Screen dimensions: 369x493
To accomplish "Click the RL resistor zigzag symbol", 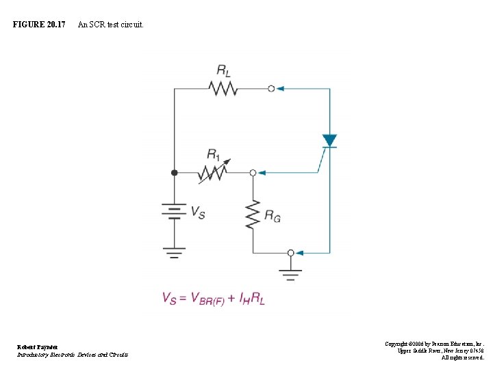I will pyautogui.click(x=223, y=89).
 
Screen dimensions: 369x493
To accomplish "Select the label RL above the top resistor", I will pyautogui.click(x=223, y=70).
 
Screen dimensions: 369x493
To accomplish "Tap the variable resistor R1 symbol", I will pyautogui.click(x=213, y=174).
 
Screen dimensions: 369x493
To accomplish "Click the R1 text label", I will pyautogui.click(x=214, y=154).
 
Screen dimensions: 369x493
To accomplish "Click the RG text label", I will pyautogui.click(x=273, y=217).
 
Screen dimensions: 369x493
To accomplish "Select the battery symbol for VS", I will pyautogui.click(x=174, y=212).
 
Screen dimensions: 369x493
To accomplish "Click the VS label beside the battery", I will pyautogui.click(x=197, y=213).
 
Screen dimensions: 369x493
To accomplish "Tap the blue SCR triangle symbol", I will pyautogui.click(x=329, y=141).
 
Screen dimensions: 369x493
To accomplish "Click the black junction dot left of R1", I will pyautogui.click(x=174, y=174).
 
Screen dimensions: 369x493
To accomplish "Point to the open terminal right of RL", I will pyautogui.click(x=271, y=89).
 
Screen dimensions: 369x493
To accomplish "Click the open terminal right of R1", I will pyautogui.click(x=253, y=174).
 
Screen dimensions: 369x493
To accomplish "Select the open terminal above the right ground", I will pyautogui.click(x=291, y=253).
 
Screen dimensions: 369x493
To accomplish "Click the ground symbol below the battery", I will pyautogui.click(x=174, y=255).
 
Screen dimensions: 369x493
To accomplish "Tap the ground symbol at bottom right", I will pyautogui.click(x=291, y=275).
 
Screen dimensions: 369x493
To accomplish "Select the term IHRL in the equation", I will pyautogui.click(x=252, y=298).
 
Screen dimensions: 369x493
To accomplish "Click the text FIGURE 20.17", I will pyautogui.click(x=39, y=25).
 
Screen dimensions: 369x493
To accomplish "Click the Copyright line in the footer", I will pyautogui.click(x=434, y=344).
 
